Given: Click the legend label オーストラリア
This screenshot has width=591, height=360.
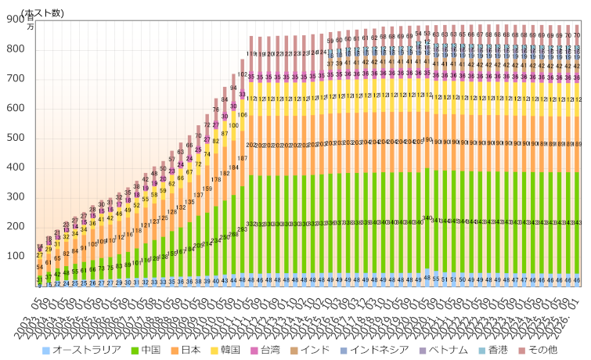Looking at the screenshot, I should [x=88, y=350].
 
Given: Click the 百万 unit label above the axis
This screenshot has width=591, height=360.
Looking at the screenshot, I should [x=31, y=22].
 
